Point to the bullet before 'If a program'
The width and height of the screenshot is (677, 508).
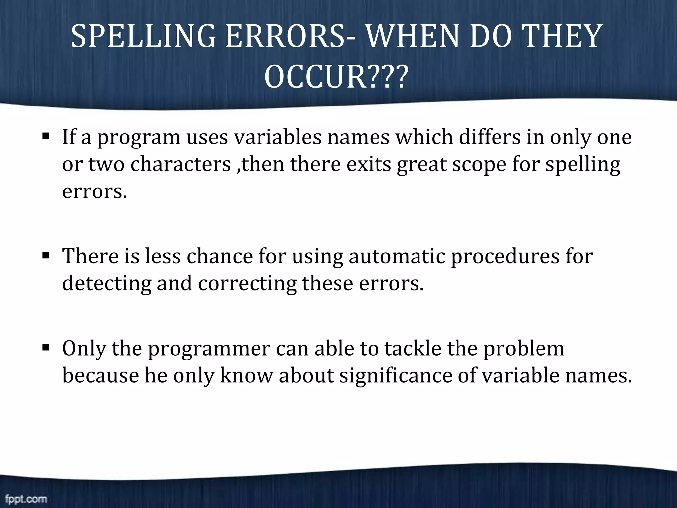tap(46, 136)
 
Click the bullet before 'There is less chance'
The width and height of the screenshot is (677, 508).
tap(46, 255)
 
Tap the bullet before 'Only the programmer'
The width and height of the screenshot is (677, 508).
tap(46, 348)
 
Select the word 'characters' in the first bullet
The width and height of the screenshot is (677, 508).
tap(180, 164)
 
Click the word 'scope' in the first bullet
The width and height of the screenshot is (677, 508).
tap(479, 164)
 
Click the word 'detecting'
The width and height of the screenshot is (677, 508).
tap(107, 284)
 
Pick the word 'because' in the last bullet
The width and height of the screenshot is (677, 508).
tap(100, 375)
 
